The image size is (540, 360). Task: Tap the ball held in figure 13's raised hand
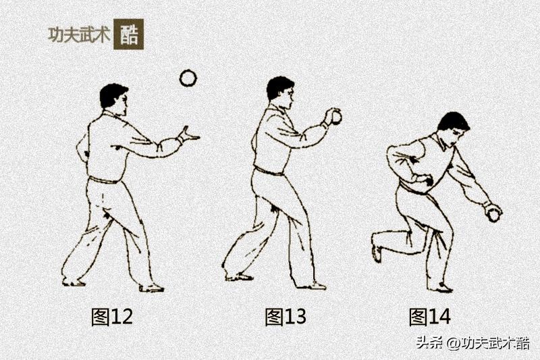coord(335,118)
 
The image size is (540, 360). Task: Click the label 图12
coord(112,317)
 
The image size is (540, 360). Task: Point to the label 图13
coord(286,317)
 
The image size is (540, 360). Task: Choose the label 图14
coord(429,317)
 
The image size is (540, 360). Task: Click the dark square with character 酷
coord(128,34)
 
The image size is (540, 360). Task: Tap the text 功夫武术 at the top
coord(79,34)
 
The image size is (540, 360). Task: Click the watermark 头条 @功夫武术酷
coord(473,343)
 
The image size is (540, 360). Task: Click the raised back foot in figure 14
coord(376,247)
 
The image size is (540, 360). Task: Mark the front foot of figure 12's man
coord(151,287)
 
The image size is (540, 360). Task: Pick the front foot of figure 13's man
coord(312,285)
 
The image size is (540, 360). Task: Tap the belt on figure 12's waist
coord(104,180)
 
